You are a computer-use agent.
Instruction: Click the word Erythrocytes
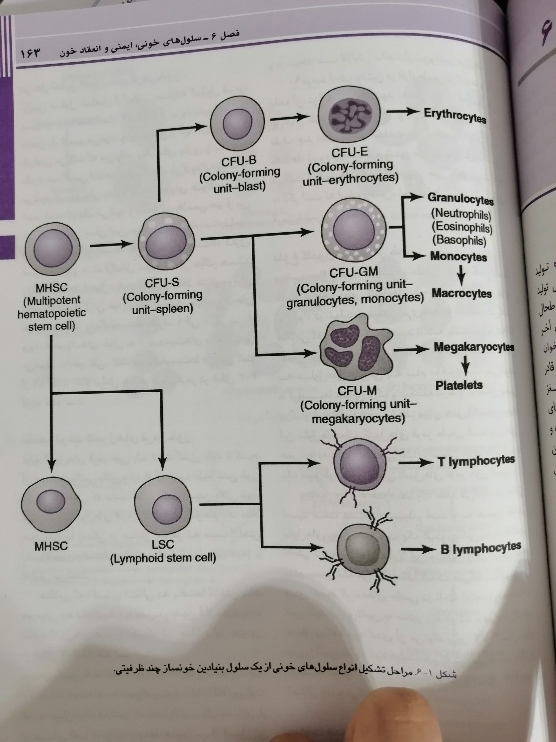(455, 115)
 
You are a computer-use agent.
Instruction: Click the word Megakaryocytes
(474, 347)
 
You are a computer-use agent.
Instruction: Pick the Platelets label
(459, 385)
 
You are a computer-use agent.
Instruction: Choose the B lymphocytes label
(481, 548)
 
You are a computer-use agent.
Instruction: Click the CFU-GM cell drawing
(354, 229)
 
